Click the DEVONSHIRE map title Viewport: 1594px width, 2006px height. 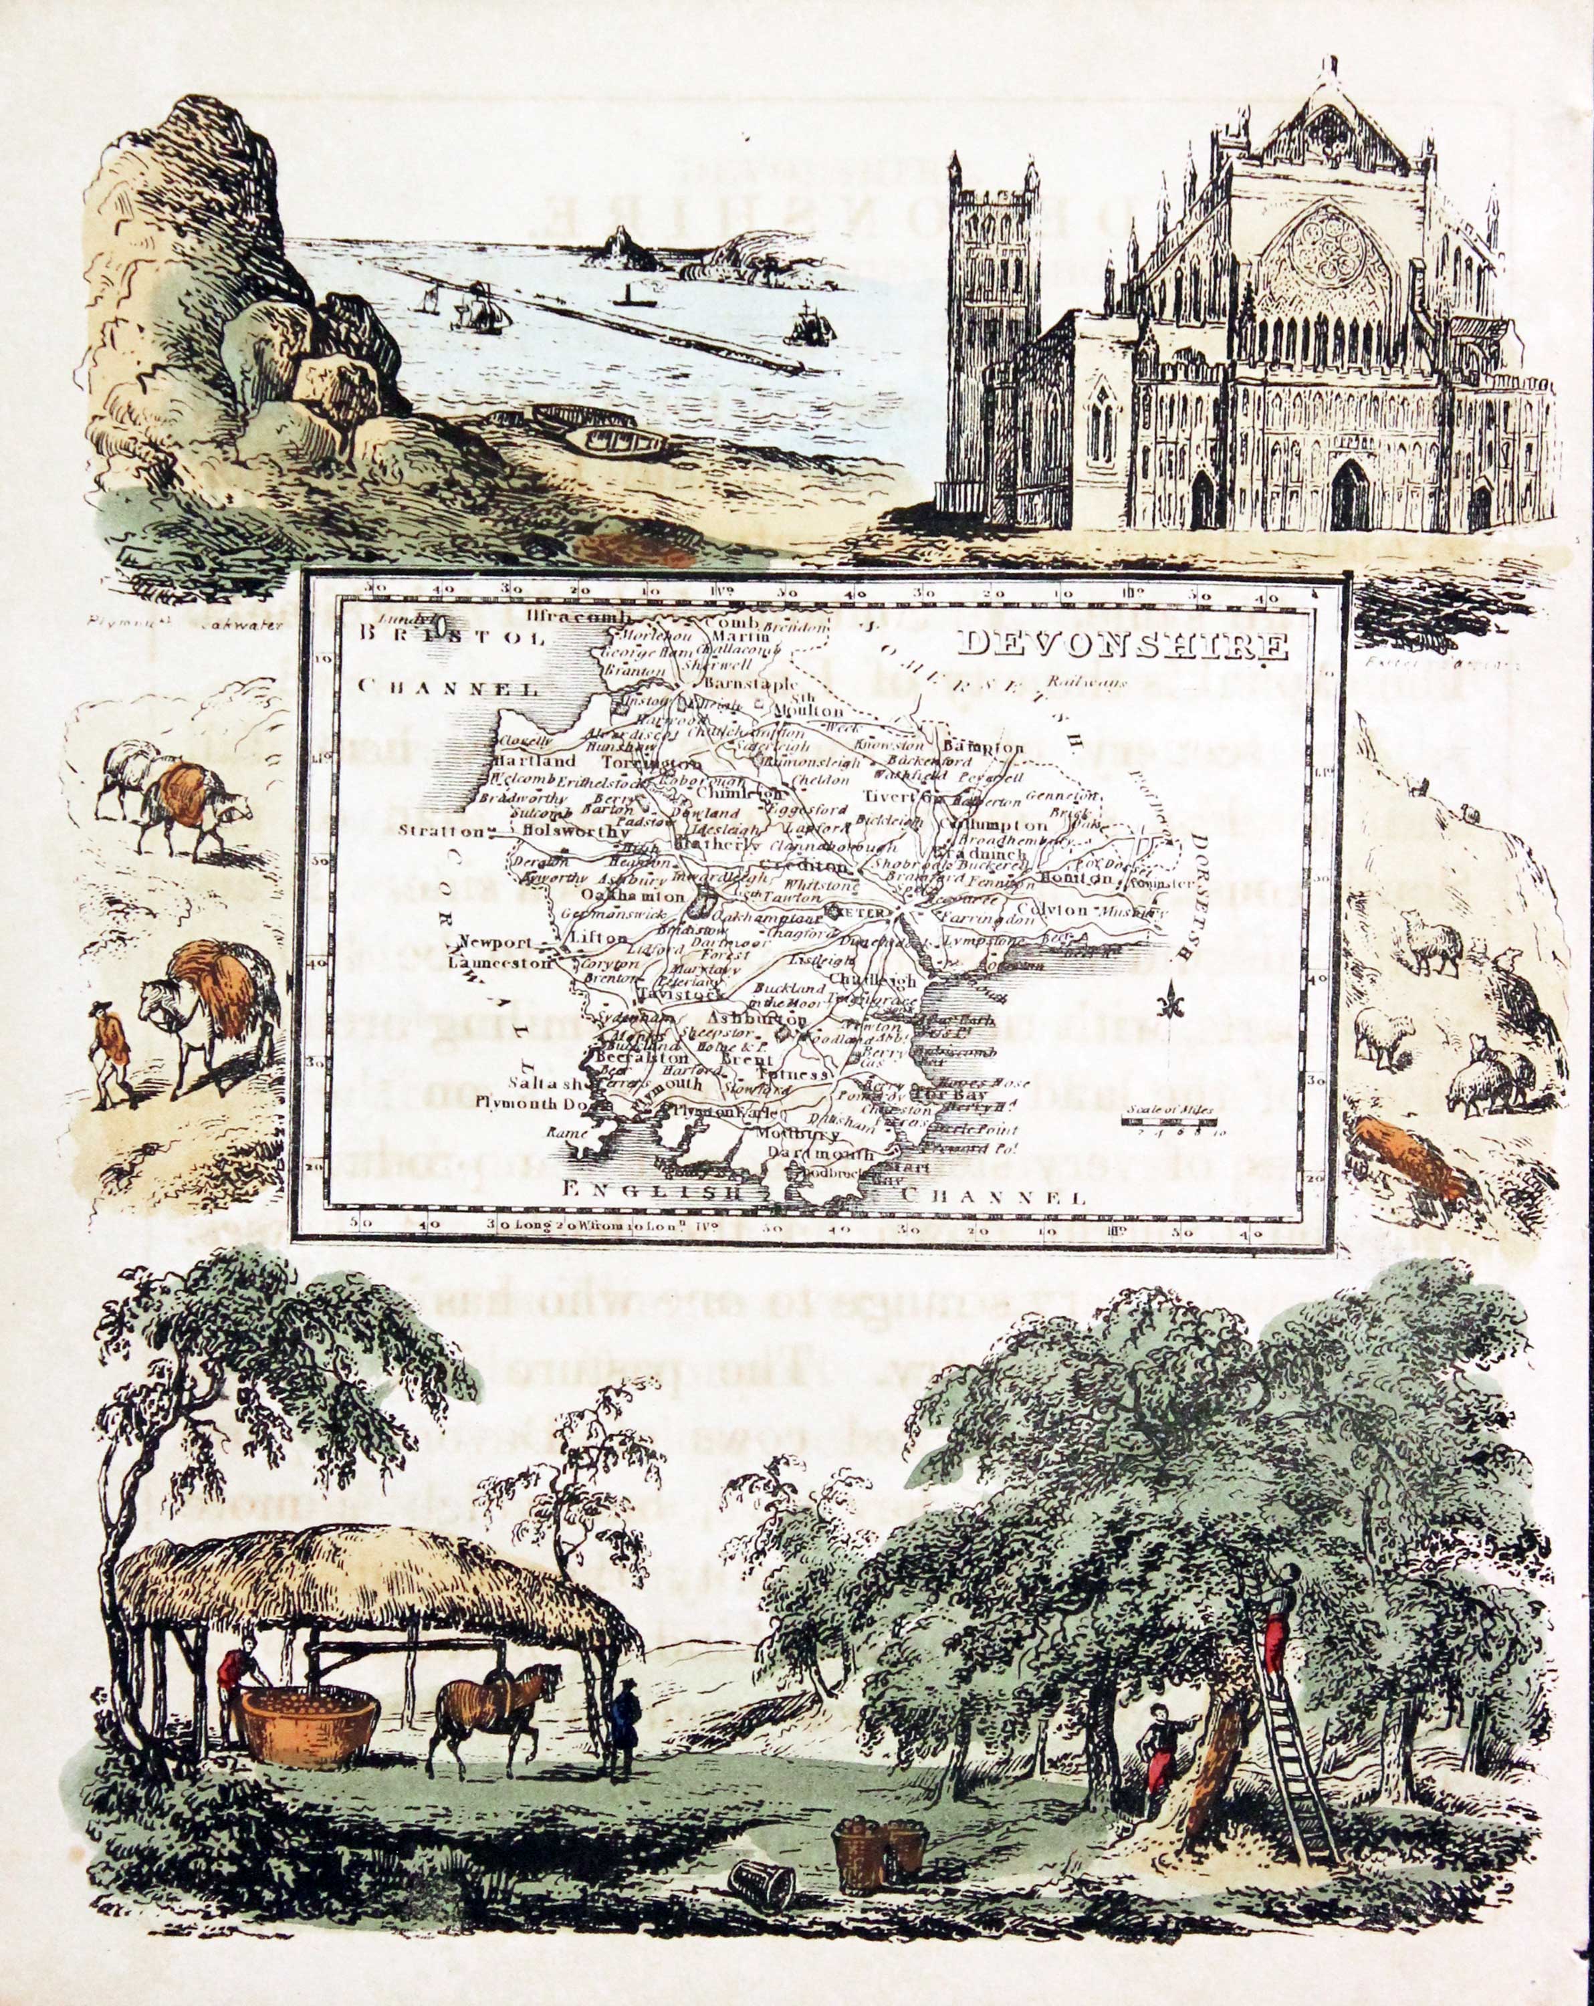[1124, 644]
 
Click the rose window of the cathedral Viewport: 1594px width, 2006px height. [1337, 261]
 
